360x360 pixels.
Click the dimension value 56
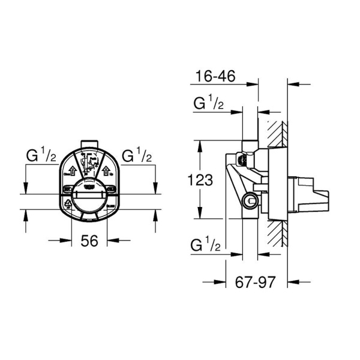[x=89, y=241]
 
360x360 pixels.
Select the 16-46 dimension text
[x=213, y=76]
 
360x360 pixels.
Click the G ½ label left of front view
[x=41, y=157]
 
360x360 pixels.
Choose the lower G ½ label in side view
[x=208, y=245]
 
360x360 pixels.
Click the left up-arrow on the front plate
[x=70, y=170]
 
